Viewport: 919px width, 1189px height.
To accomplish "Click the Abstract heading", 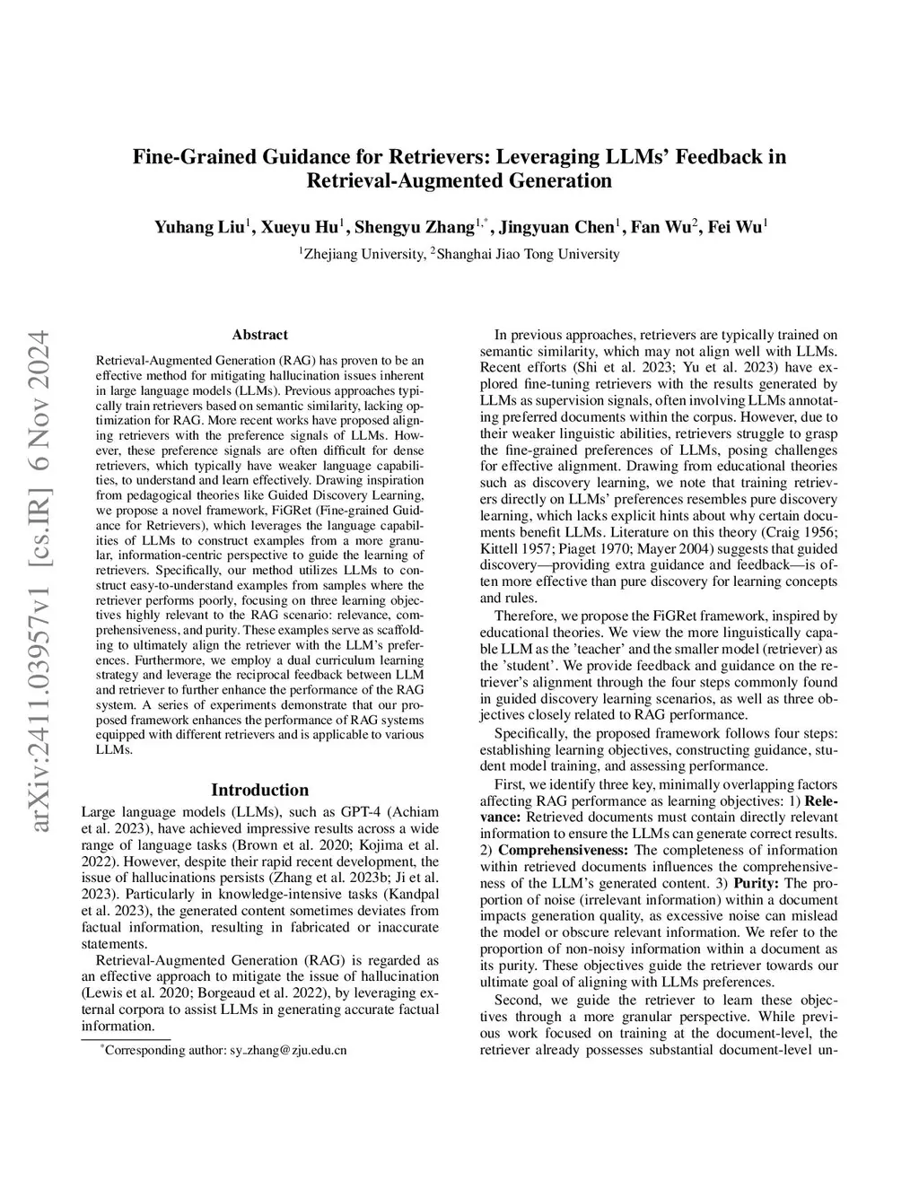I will coord(259,335).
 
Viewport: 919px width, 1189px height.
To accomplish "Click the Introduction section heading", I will coord(259,790).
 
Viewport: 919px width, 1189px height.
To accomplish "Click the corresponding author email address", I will coord(288,1049).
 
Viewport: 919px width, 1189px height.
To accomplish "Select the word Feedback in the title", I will coord(708,157).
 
